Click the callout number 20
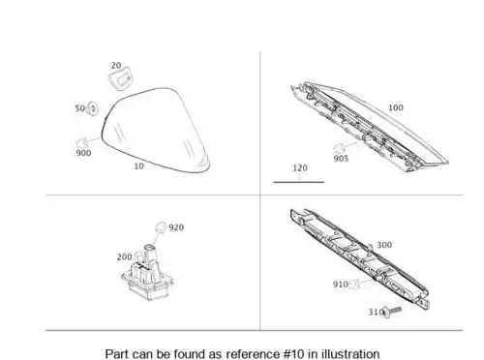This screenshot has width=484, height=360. [x=116, y=66]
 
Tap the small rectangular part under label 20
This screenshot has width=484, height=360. [x=121, y=78]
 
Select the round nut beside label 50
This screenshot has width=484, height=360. [x=93, y=108]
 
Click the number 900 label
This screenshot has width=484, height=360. [x=83, y=153]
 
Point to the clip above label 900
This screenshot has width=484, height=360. [x=81, y=142]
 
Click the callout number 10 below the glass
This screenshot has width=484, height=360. [x=138, y=166]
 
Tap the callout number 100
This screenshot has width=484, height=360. [x=396, y=107]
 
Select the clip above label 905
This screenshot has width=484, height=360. [x=339, y=148]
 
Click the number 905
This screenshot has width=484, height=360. [x=341, y=159]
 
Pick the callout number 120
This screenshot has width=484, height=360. [x=300, y=168]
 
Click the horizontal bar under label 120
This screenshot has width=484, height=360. [x=299, y=182]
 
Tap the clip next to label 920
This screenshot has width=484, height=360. [x=161, y=227]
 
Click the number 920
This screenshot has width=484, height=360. [x=176, y=227]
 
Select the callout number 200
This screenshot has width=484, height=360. [x=124, y=257]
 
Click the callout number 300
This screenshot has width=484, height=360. [x=384, y=245]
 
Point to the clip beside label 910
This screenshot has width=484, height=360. [x=355, y=285]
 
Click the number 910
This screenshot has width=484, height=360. [x=341, y=285]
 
